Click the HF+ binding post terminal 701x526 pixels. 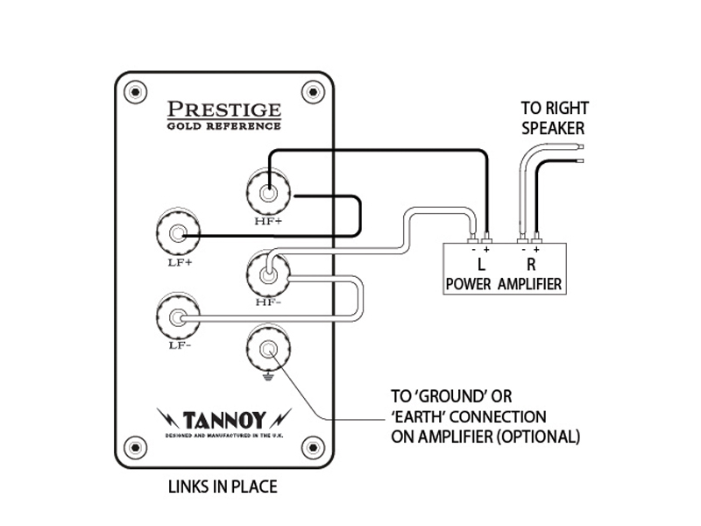(268, 189)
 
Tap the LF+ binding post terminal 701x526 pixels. (179, 234)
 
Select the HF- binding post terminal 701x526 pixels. (269, 274)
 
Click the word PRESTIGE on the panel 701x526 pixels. (224, 110)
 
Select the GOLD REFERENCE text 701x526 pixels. (224, 126)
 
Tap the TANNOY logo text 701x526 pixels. (225, 418)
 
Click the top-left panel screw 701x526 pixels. (138, 89)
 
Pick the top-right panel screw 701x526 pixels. (310, 89)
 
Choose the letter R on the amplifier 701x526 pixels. (529, 264)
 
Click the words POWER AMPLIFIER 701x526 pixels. (504, 284)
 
